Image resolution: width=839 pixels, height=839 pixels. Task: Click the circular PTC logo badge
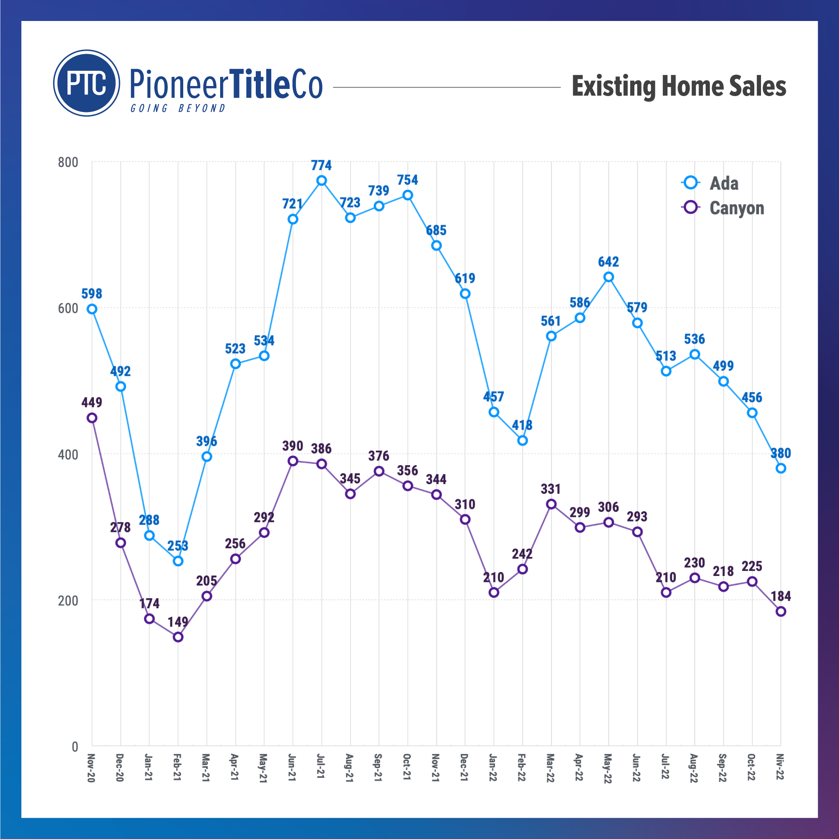[x=86, y=83]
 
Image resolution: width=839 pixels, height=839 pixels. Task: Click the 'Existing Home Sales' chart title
[x=678, y=86]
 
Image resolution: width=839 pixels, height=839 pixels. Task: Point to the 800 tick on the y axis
[x=68, y=162]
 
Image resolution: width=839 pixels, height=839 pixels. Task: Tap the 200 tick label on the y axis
[x=68, y=600]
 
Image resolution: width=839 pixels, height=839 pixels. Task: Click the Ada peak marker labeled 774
[x=321, y=181]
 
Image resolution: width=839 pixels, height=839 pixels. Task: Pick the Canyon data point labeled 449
[x=92, y=418]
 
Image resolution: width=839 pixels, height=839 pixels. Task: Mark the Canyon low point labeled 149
[x=178, y=637]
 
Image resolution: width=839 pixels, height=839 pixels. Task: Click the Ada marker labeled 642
[x=608, y=277]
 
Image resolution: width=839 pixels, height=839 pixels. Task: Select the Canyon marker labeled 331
[x=551, y=504]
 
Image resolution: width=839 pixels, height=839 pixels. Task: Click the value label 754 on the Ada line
[x=408, y=180]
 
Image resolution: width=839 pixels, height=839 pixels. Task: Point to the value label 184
[x=780, y=596]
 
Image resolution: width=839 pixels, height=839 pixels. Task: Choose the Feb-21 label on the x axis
[x=177, y=768]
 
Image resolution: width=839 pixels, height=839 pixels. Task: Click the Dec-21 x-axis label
[x=464, y=768]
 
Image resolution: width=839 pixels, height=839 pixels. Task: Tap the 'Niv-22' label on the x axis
[x=780, y=767]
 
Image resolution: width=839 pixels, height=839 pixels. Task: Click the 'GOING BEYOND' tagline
[x=178, y=108]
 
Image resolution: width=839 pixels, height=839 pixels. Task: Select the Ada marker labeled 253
[x=178, y=561]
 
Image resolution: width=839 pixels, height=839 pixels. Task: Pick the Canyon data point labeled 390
[x=293, y=461]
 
